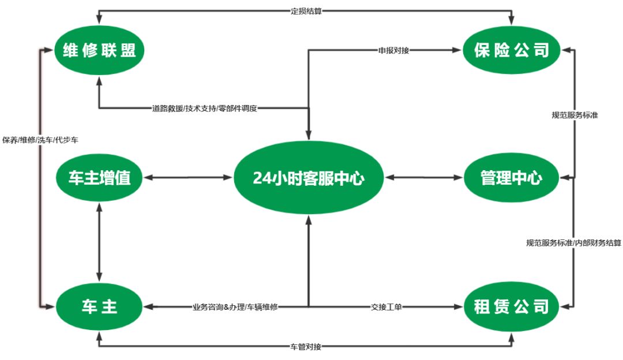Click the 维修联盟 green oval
click(x=99, y=51)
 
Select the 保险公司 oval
click(x=511, y=51)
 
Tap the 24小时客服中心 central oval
click(x=309, y=178)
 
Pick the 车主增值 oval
click(x=99, y=178)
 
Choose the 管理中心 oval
click(x=511, y=178)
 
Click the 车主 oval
click(x=99, y=306)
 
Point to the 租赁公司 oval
click(x=511, y=306)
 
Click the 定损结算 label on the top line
click(x=306, y=10)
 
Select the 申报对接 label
click(x=394, y=50)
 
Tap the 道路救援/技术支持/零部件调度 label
click(x=205, y=108)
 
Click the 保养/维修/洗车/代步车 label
click(x=40, y=140)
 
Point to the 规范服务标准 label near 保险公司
click(x=575, y=115)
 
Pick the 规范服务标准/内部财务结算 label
click(x=573, y=243)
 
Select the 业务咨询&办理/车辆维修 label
click(x=235, y=307)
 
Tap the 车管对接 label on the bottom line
click(x=306, y=347)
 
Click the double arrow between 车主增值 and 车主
click(x=99, y=242)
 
